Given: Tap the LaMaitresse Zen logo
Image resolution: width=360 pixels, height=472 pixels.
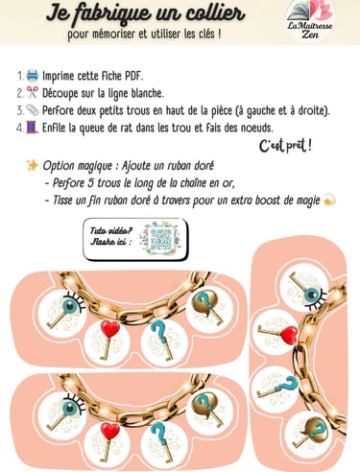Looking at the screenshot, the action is (x=310, y=20).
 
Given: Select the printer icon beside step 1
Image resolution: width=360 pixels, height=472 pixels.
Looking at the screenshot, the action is (x=33, y=76).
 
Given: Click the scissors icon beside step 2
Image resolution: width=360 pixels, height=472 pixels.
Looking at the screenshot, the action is (x=33, y=93).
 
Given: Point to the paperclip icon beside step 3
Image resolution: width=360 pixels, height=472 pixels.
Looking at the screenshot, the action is (x=33, y=110).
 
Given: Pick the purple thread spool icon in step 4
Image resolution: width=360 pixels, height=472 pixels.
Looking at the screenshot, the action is (x=33, y=128).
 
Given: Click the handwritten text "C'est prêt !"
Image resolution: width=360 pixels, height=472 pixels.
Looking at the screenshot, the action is (x=285, y=146).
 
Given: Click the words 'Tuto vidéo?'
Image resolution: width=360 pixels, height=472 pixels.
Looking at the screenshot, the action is (x=111, y=231).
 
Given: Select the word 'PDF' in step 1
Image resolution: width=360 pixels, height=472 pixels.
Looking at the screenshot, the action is (x=133, y=76).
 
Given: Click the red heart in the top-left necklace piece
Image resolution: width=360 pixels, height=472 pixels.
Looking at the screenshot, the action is (x=110, y=329).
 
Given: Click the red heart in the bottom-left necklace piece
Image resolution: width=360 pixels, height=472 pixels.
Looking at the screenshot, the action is (x=110, y=431).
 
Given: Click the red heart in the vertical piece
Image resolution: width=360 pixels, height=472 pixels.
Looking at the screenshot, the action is (x=288, y=335).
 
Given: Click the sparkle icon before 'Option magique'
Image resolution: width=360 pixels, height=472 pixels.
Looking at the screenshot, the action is (x=33, y=165).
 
